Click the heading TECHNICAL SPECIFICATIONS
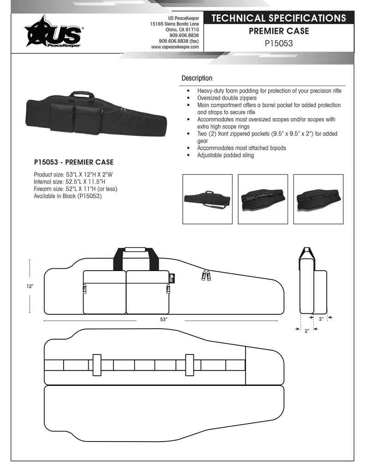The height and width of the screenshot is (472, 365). click(x=279, y=18)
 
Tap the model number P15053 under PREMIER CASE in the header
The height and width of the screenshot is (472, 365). click(x=279, y=43)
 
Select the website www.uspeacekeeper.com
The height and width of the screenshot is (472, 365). click(x=175, y=47)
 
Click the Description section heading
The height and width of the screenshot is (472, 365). click(x=197, y=78)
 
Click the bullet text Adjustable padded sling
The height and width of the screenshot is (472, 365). click(x=226, y=155)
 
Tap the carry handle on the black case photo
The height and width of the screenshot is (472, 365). click(x=82, y=94)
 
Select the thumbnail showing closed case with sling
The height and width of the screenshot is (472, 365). click(x=207, y=199)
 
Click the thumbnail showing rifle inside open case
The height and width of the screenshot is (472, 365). click(x=263, y=199)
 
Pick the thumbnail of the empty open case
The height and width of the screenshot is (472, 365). click(x=318, y=199)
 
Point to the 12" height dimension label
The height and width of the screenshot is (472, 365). click(x=30, y=286)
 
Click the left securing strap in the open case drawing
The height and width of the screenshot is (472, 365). click(x=97, y=365)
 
